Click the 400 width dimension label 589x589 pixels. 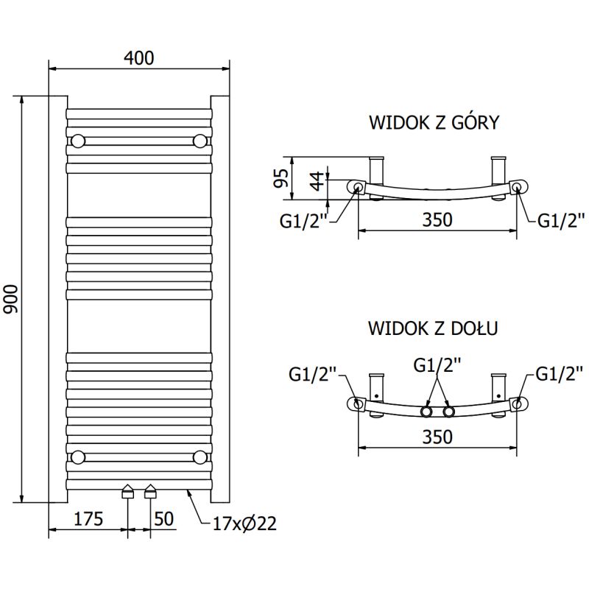pos(139,57)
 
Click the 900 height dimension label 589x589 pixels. pos(11,300)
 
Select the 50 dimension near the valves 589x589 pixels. pos(164,520)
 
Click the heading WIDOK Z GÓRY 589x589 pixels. pos(434,122)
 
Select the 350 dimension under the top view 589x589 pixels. pos(437,219)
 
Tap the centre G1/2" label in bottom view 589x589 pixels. pos(437,364)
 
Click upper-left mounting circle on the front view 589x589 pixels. pos(78,140)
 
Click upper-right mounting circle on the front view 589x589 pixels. pos(200,140)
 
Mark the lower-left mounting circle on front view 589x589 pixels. pos(78,457)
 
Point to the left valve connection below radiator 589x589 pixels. pos(128,492)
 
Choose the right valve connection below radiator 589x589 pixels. pos(151,492)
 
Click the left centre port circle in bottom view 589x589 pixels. pos(426,411)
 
